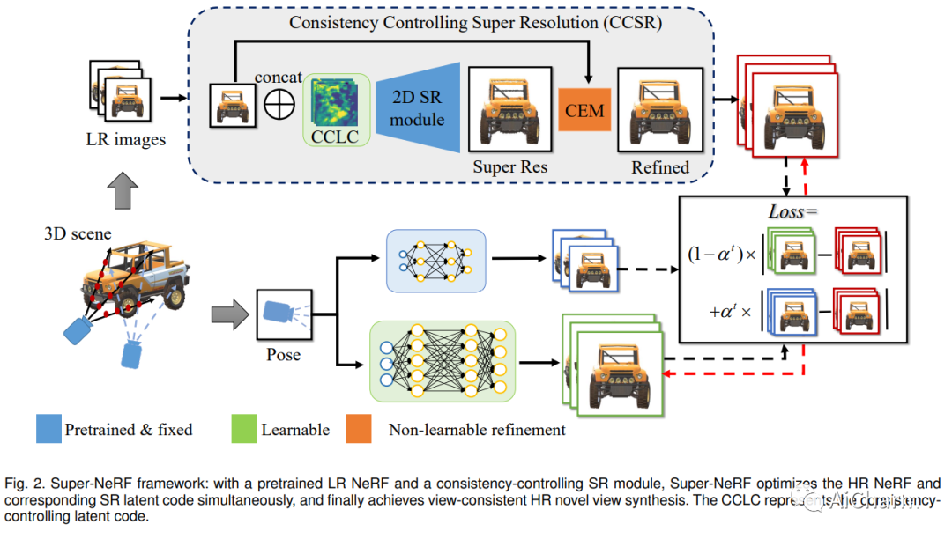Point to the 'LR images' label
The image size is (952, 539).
pos(126,139)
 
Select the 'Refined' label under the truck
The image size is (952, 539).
pos(660,166)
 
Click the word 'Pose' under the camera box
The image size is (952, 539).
pos(284,355)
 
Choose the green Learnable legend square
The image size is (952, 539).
pos(243,430)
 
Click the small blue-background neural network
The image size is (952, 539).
pos(435,260)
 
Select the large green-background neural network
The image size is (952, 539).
pos(443,360)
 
